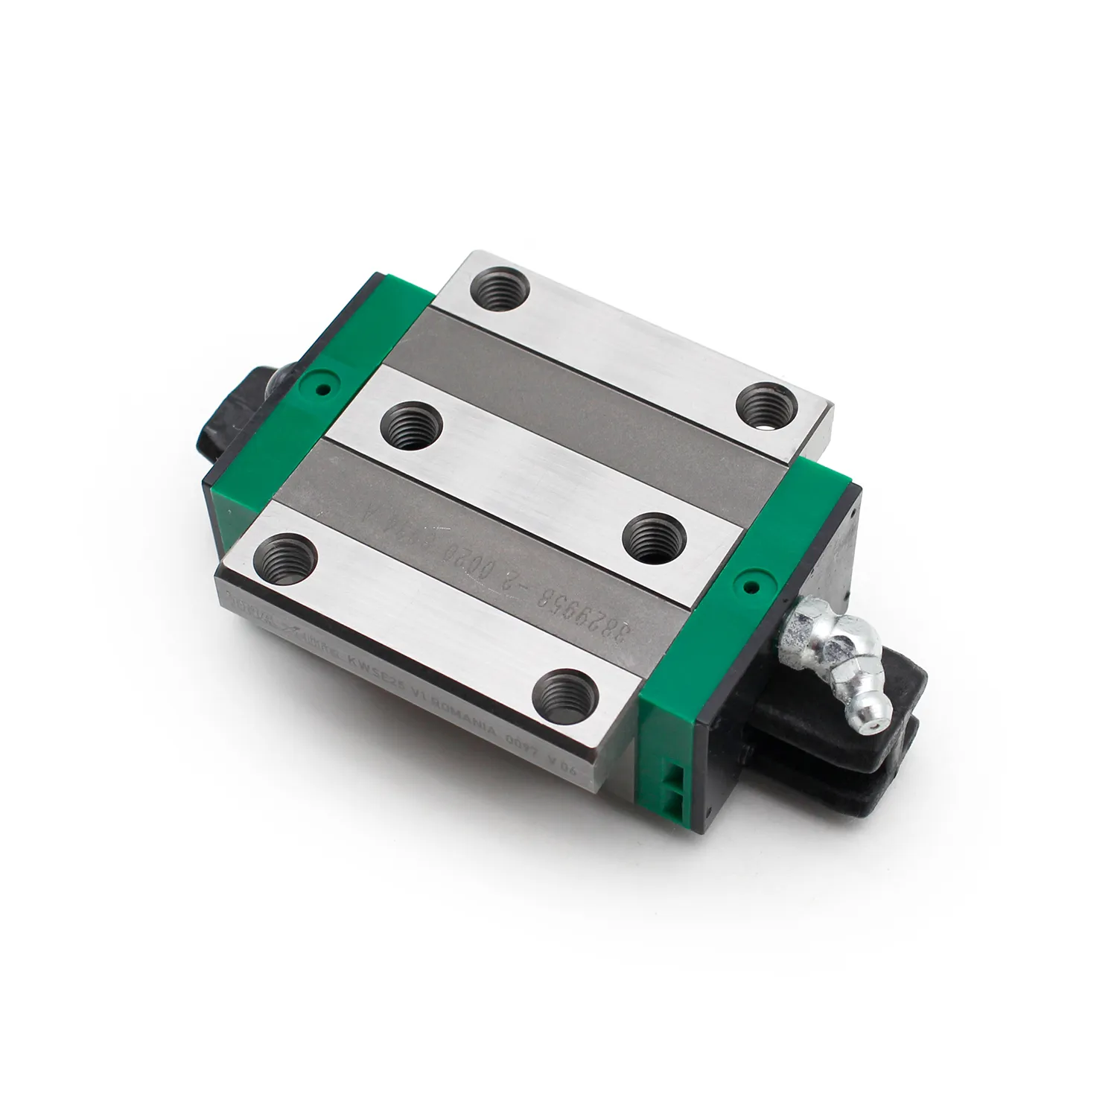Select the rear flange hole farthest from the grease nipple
click(500, 284)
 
